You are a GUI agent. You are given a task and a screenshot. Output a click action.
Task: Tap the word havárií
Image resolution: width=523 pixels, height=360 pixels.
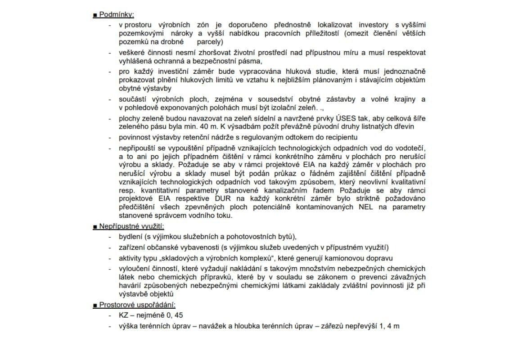pos(131,286)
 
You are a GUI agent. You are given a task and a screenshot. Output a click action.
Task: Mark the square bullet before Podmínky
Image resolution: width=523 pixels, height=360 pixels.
pos(95,15)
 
